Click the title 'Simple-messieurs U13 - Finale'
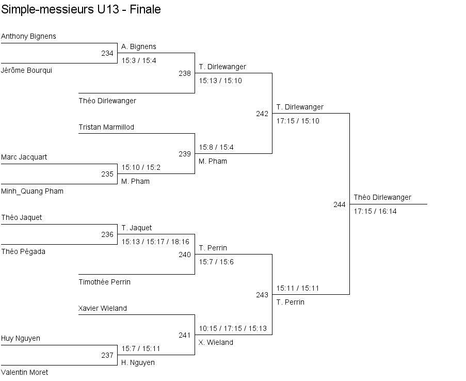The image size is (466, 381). click(81, 10)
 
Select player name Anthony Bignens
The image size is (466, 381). click(28, 37)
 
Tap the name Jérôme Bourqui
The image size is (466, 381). click(26, 71)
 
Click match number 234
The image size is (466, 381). click(107, 53)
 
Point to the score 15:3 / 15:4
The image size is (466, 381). click(139, 60)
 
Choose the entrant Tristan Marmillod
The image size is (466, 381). click(106, 128)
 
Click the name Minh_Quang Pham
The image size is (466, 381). click(32, 192)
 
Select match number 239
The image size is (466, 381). click(185, 154)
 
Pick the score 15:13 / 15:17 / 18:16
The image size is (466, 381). click(155, 242)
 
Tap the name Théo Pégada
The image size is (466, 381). click(23, 252)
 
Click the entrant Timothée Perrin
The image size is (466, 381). click(104, 282)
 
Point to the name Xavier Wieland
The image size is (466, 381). click(103, 309)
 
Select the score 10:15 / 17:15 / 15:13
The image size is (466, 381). click(233, 328)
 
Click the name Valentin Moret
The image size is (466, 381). click(24, 373)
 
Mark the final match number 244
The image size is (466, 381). click(340, 205)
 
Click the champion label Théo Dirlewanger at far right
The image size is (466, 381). click(382, 198)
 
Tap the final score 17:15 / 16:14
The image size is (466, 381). click(375, 212)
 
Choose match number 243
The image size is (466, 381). click(262, 295)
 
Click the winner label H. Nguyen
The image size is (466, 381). click(138, 363)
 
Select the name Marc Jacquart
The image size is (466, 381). click(24, 157)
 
